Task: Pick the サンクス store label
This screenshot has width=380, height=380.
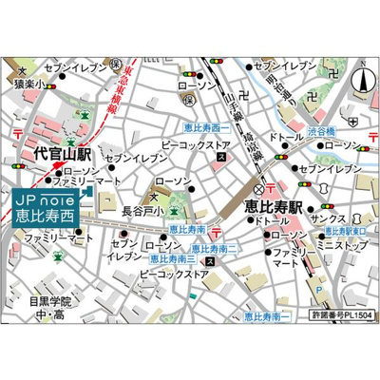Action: pyautogui.click(x=337, y=217)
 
